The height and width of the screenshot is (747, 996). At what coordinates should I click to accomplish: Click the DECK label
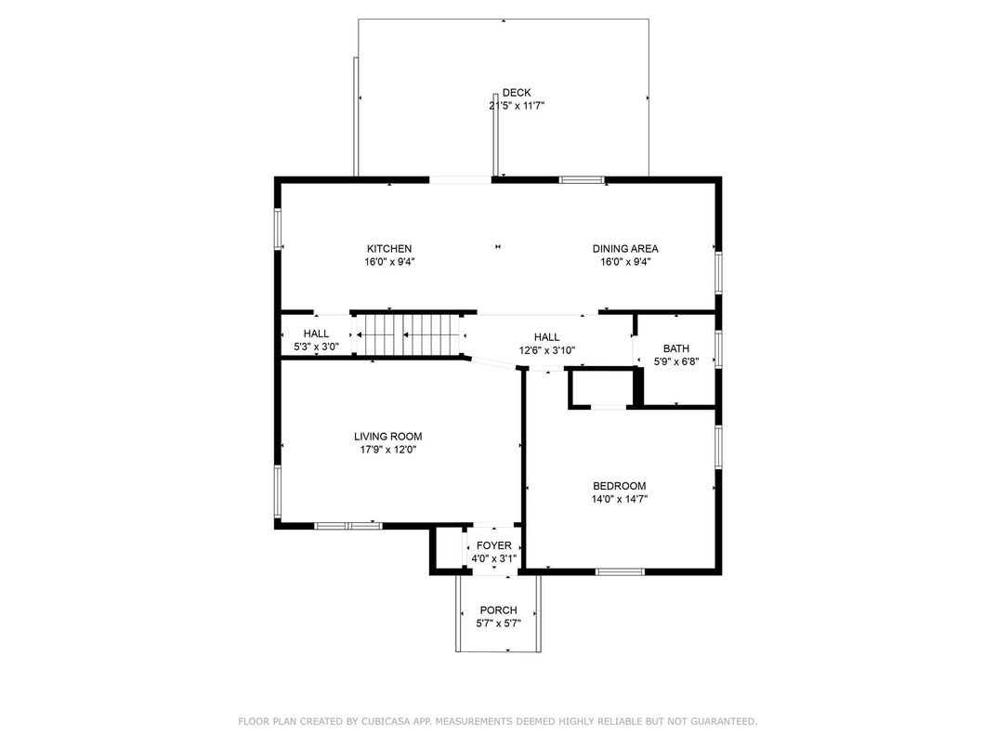pyautogui.click(x=517, y=93)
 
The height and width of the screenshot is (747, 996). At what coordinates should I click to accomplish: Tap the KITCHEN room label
pyautogui.click(x=389, y=249)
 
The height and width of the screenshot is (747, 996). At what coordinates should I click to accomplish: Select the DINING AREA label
pyautogui.click(x=625, y=249)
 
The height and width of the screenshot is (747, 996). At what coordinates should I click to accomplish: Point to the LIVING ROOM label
pyautogui.click(x=388, y=437)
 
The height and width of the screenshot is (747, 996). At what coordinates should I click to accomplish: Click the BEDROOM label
pyautogui.click(x=620, y=486)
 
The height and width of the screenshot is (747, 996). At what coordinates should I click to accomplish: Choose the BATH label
pyautogui.click(x=676, y=348)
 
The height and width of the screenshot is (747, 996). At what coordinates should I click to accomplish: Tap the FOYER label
pyautogui.click(x=494, y=545)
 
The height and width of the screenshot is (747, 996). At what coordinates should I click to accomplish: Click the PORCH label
pyautogui.click(x=499, y=610)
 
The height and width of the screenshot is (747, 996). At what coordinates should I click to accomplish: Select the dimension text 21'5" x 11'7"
pyautogui.click(x=517, y=106)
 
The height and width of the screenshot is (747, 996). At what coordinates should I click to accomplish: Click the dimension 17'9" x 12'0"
pyautogui.click(x=388, y=450)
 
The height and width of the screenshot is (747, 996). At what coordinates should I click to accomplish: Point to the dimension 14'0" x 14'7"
pyautogui.click(x=620, y=499)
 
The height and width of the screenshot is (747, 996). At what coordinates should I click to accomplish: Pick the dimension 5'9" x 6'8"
pyautogui.click(x=676, y=362)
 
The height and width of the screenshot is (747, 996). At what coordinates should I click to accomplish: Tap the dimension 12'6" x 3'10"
pyautogui.click(x=547, y=350)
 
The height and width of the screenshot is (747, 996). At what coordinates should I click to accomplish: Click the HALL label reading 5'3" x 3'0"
pyautogui.click(x=316, y=334)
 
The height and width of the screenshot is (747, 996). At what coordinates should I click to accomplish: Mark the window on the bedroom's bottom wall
pyautogui.click(x=620, y=571)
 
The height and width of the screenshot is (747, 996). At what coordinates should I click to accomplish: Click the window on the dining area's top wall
pyautogui.click(x=582, y=179)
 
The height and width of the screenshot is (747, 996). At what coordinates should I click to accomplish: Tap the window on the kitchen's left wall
pyautogui.click(x=278, y=229)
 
